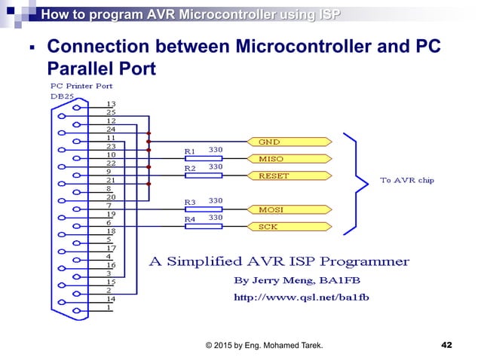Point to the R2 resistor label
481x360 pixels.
(x=190, y=168)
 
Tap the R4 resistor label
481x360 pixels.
(x=190, y=218)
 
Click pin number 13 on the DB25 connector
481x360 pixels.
(x=110, y=104)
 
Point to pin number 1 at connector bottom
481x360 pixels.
(x=109, y=307)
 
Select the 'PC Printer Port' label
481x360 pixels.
(x=81, y=85)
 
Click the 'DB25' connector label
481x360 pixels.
(x=63, y=96)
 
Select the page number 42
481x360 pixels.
(x=446, y=344)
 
